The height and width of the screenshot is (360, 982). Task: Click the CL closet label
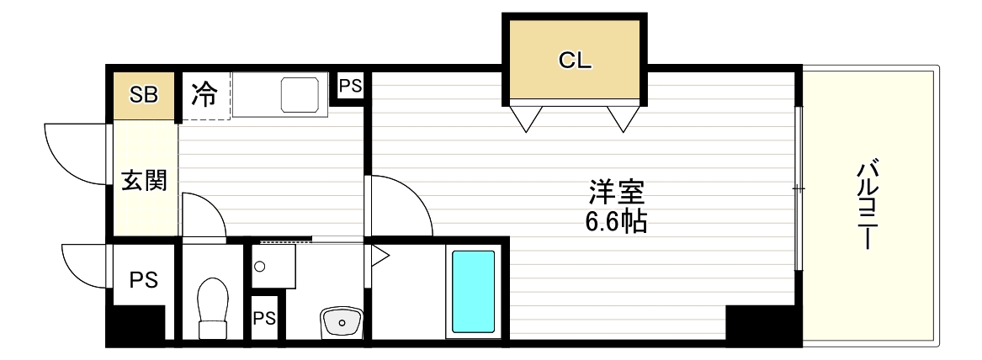[x=576, y=61]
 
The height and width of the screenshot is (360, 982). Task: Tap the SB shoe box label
[x=143, y=93]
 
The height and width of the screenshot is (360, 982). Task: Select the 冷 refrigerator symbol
[x=204, y=94]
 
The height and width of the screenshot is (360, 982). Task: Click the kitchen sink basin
[x=300, y=93]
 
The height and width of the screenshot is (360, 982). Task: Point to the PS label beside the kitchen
[x=351, y=86]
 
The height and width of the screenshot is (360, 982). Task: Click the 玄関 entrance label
[x=144, y=180]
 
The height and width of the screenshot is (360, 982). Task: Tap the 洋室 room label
[x=616, y=193]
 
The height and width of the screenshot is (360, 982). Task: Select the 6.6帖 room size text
[x=616, y=221]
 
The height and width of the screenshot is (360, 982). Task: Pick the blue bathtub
[x=474, y=291]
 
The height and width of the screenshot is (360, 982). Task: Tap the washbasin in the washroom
[x=341, y=320]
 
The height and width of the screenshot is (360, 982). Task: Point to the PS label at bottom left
[x=143, y=280]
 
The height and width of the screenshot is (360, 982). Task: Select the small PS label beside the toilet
[x=264, y=318]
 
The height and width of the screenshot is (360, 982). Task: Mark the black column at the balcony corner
[x=762, y=324]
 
